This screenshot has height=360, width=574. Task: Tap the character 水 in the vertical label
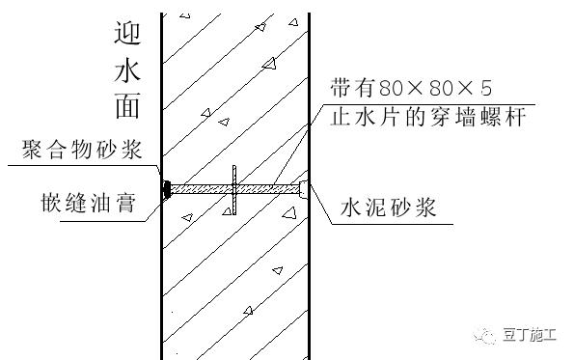point(127,72)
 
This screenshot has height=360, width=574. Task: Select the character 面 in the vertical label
point(127,107)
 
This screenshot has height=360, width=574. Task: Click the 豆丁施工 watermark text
point(531,335)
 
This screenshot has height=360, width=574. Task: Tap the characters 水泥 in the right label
point(363,207)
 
